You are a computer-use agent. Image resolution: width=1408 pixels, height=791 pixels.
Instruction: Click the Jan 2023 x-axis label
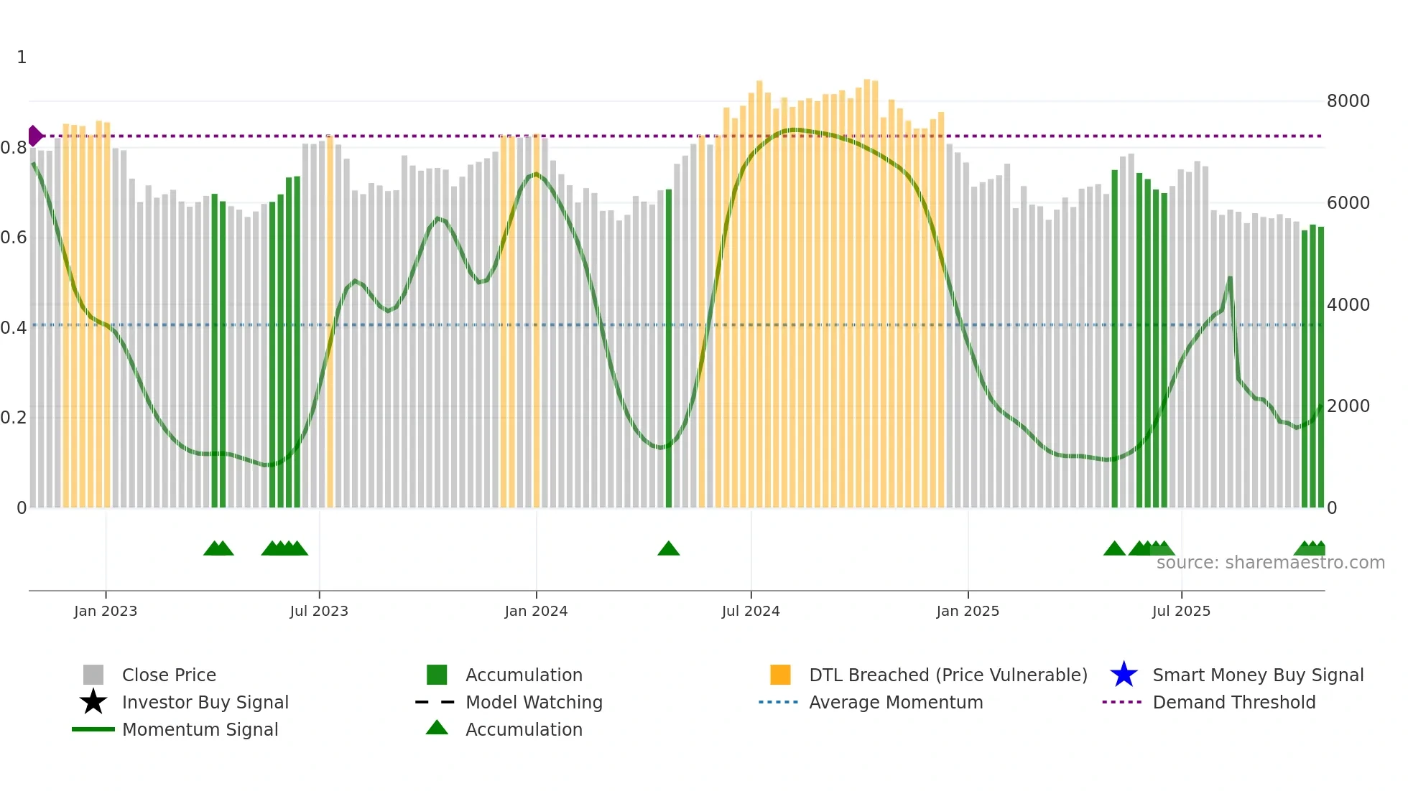105,611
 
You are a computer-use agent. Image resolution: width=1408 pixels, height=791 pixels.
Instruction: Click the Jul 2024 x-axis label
751,611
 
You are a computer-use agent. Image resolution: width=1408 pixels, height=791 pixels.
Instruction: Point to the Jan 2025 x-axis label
968,611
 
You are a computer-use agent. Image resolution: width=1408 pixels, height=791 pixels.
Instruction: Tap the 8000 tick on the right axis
1348,101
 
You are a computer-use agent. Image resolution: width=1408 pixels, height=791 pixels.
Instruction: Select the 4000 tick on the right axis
1348,305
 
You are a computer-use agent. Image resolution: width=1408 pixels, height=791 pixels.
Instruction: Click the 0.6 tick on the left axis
14,238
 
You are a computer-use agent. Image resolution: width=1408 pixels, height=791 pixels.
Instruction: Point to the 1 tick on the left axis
22,57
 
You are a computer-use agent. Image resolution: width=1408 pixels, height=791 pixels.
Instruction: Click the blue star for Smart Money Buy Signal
1124,675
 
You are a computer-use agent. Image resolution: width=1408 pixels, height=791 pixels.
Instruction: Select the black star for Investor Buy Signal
93,702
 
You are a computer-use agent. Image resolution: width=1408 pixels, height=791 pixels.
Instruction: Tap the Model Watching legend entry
533,702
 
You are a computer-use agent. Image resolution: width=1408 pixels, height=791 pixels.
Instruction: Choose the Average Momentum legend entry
895,702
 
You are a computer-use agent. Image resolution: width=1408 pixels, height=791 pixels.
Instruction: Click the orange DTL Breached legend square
780,675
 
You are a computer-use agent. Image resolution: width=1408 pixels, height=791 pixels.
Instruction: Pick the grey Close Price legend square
93,675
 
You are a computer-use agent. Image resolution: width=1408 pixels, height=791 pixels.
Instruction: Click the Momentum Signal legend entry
200,729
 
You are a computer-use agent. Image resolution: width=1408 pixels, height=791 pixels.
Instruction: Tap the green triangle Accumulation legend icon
437,729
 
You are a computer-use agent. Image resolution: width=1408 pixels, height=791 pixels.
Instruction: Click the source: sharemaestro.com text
1270,563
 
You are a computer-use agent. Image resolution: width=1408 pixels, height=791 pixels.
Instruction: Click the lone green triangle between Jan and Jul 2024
668,549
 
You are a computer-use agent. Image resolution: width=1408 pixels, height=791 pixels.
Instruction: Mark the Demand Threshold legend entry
1233,702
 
